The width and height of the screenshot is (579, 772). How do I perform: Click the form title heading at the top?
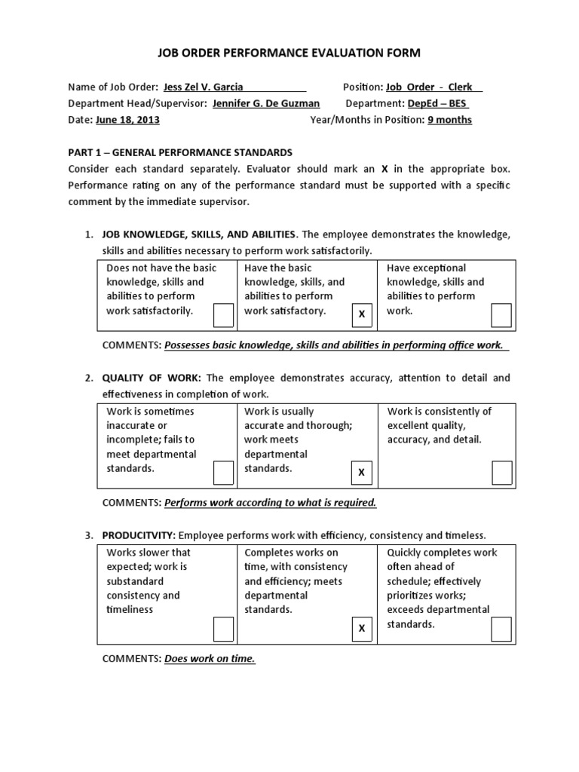289,53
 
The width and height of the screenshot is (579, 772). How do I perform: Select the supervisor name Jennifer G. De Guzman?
266,103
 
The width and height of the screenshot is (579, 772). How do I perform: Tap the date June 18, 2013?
127,120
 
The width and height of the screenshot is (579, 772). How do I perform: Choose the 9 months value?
449,120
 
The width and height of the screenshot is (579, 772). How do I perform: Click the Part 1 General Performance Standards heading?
180,152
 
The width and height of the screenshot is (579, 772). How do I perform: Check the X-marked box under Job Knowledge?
362,314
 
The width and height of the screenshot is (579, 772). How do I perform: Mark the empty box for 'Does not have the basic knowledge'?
223,315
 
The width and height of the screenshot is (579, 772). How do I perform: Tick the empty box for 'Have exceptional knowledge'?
501,315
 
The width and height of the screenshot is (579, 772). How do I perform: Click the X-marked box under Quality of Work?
362,473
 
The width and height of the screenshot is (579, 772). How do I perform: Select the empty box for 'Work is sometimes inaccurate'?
223,473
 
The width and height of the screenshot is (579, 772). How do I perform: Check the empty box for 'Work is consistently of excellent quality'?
501,473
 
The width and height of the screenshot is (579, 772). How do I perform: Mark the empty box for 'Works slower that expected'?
223,629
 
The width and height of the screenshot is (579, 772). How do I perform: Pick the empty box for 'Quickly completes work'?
501,629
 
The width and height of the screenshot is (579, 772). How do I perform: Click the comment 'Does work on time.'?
210,659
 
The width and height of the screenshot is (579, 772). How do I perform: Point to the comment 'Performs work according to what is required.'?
270,502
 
